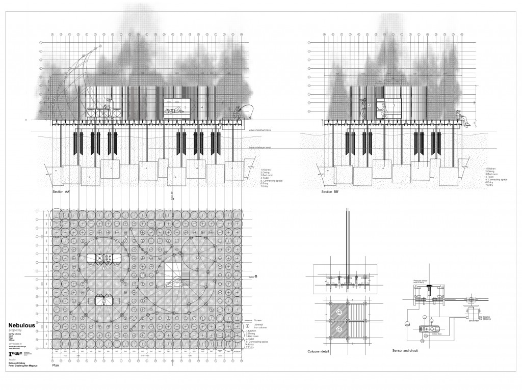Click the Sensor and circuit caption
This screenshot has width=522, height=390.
coord(406,351)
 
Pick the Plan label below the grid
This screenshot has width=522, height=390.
coord(57,365)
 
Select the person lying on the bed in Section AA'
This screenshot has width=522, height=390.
coord(173,110)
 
